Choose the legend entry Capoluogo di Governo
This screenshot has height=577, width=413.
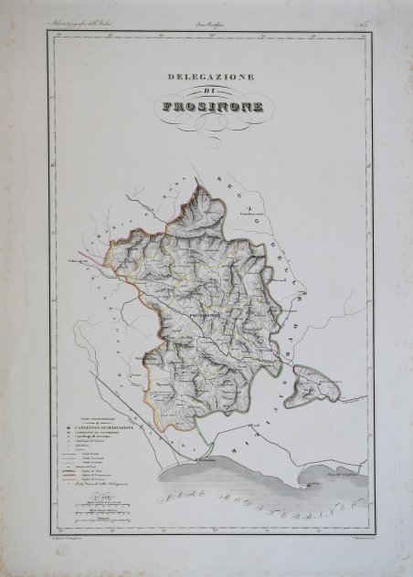[102, 437]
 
